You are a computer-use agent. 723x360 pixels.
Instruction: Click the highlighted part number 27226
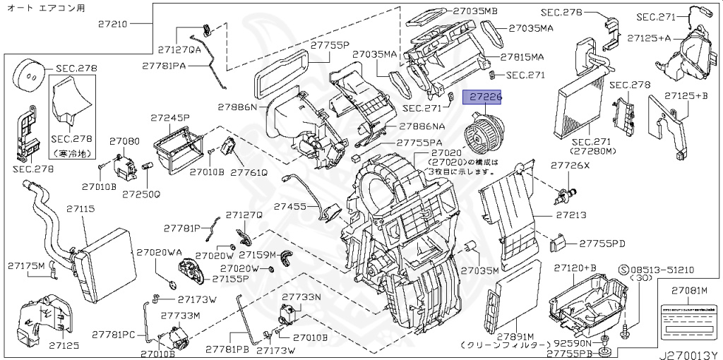482,97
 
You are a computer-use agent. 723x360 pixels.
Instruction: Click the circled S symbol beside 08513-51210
623,270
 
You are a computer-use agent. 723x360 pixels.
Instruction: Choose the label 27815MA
522,56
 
